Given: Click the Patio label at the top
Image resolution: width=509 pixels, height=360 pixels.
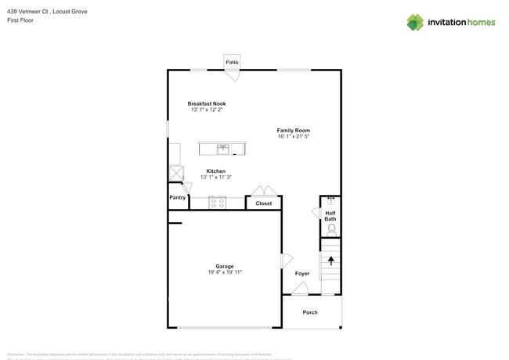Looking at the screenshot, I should click(x=232, y=62).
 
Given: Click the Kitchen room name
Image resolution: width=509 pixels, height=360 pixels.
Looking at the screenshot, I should click(x=216, y=171).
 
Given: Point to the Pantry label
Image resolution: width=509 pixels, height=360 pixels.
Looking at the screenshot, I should click(x=178, y=198).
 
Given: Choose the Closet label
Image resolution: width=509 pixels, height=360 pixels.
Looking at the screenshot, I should click(x=264, y=203).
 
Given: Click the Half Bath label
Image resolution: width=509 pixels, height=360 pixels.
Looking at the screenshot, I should click(x=330, y=215).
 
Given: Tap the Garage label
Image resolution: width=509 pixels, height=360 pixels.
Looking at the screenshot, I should click(x=225, y=266).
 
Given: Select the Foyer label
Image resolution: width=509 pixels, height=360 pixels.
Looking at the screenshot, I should click(x=302, y=273).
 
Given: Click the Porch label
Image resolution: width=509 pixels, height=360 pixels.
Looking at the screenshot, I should click(x=310, y=312).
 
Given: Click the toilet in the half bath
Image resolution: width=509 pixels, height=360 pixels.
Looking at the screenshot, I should click(x=331, y=229).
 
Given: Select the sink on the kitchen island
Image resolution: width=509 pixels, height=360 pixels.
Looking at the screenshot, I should click(x=223, y=148).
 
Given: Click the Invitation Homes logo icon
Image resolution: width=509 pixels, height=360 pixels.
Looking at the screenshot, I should click(x=416, y=22).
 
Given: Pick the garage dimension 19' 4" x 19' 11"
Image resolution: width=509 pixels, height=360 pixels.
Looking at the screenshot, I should click(x=225, y=272).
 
